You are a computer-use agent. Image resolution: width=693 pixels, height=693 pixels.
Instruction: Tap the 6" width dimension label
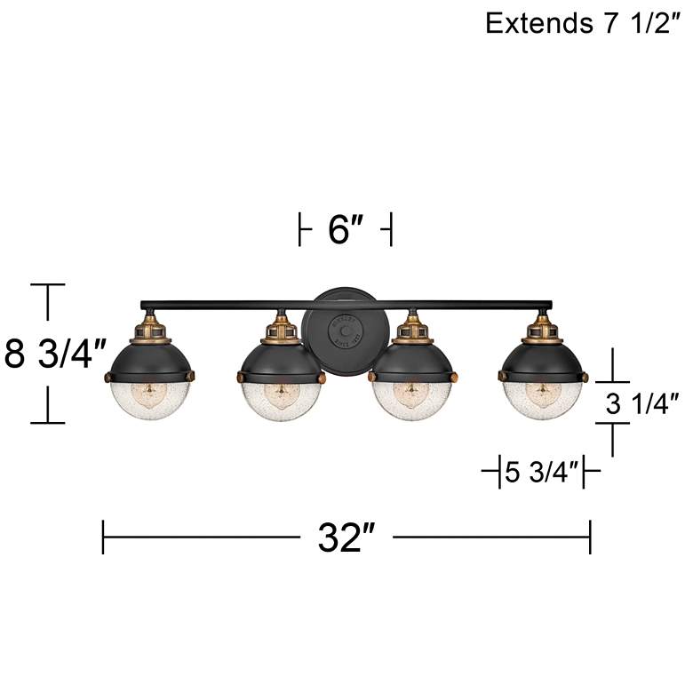pyautogui.click(x=346, y=230)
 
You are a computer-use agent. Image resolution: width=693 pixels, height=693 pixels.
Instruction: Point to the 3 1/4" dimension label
pyautogui.click(x=641, y=404)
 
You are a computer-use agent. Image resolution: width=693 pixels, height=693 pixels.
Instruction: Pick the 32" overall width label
pyautogui.click(x=346, y=538)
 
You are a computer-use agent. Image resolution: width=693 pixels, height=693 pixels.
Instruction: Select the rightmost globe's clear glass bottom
pyautogui.click(x=543, y=398)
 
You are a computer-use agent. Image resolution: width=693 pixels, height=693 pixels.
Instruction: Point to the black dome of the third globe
pyautogui.click(x=410, y=360)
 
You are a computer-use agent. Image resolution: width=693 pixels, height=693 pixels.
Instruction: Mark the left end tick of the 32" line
pyautogui.click(x=104, y=538)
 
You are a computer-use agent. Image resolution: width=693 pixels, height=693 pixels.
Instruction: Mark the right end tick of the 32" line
pyautogui.click(x=590, y=538)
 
